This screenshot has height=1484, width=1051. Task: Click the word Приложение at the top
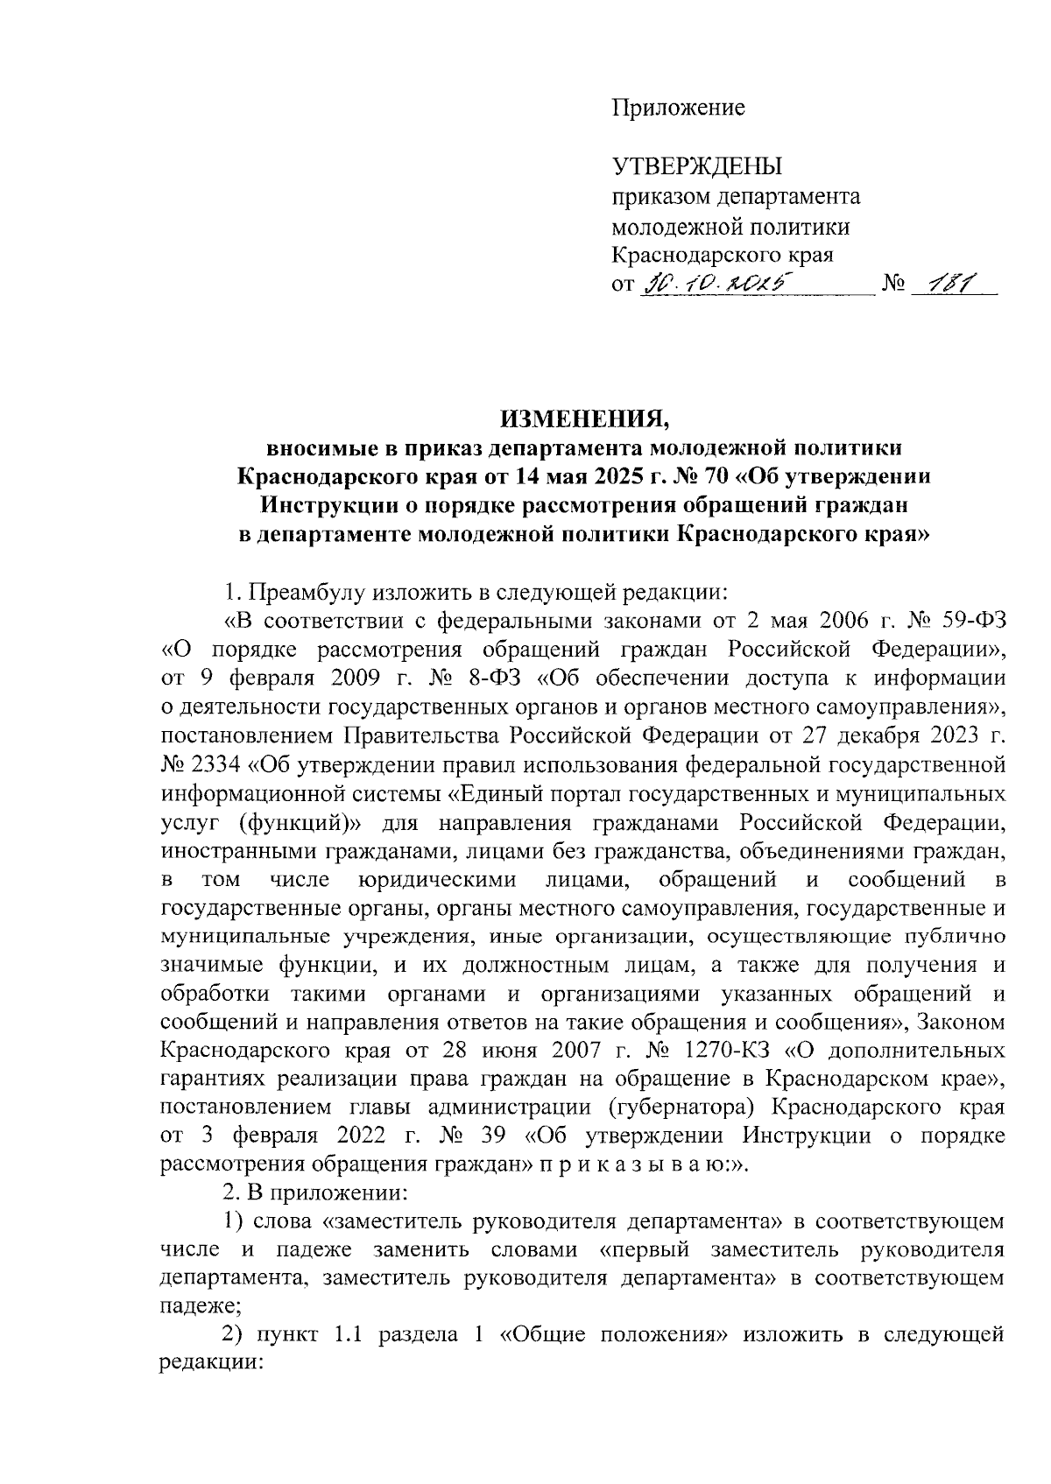pos(677,108)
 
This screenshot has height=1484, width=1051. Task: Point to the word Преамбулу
pos(305,591)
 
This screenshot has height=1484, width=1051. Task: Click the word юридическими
pos(438,878)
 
